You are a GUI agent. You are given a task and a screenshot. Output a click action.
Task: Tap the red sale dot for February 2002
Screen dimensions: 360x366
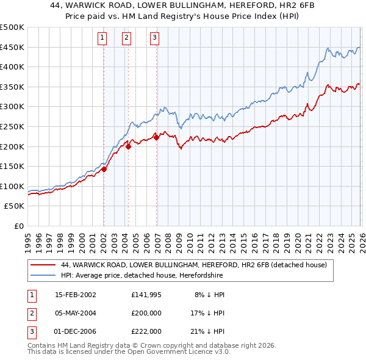pyautogui.click(x=104, y=170)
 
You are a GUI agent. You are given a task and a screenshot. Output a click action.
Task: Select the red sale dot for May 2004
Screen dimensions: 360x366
pyautogui.click(x=128, y=146)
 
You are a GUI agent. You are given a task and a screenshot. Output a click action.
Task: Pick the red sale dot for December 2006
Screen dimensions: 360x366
pyautogui.click(x=156, y=138)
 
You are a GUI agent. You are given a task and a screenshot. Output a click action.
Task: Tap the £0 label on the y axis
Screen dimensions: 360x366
pyautogui.click(x=18, y=226)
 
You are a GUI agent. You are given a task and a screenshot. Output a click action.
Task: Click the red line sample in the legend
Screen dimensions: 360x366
pyautogui.click(x=43, y=265)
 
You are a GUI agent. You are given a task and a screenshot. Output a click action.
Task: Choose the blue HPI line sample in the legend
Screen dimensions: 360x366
pyautogui.click(x=43, y=275)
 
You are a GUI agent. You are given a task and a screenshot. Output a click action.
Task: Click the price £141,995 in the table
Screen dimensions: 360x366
pyautogui.click(x=146, y=295)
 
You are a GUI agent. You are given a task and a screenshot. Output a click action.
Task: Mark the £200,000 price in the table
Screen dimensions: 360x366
pyautogui.click(x=146, y=313)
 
